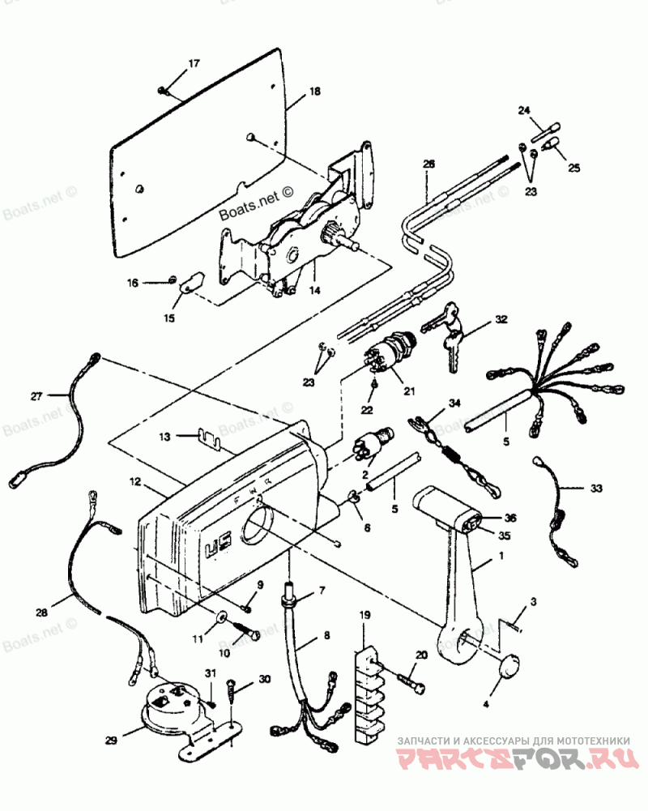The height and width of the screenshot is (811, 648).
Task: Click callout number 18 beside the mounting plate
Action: click(314, 92)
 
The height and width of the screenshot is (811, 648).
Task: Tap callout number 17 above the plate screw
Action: click(194, 63)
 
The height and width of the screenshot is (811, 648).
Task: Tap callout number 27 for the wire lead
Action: click(36, 396)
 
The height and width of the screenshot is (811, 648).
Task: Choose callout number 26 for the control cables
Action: click(428, 163)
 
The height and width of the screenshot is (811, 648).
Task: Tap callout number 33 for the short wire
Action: click(596, 489)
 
